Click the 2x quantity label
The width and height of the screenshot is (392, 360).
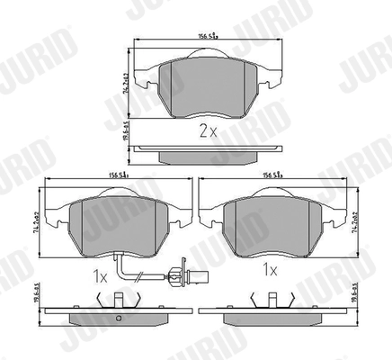click(207, 130)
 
